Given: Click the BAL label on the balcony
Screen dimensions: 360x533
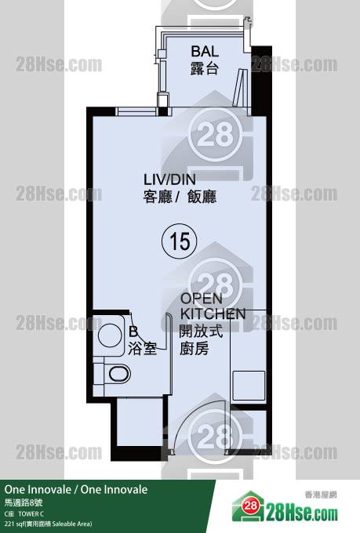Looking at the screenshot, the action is coord(205,51).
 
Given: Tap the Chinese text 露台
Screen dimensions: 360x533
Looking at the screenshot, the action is coord(204,68).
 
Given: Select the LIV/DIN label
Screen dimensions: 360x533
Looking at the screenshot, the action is coord(169,179).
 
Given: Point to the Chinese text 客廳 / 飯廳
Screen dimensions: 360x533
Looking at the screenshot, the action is coord(180,197).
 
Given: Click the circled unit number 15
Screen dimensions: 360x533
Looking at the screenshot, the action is coord(180,241).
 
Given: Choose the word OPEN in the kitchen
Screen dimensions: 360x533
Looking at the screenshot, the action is coord(201,299).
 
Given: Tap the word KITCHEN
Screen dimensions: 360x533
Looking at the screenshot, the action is coord(213,314).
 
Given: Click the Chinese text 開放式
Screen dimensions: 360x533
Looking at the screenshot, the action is coord(201,331).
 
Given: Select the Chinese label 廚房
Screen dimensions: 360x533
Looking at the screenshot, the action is coord(194,349).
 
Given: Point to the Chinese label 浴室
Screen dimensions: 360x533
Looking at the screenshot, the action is coord(142,349).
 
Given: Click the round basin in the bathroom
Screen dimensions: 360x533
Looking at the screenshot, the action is coord(110,335).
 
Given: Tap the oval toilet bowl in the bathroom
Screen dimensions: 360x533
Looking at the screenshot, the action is coord(119,374).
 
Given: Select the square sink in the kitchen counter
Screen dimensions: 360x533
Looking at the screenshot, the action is coord(249,386).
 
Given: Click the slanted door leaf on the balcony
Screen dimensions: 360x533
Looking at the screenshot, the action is coord(238,88).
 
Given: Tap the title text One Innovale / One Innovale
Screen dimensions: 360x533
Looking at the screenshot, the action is coord(76,489).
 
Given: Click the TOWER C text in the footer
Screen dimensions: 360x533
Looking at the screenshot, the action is coord(31,513).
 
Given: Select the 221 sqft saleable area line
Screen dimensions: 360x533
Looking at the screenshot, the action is coord(48,524).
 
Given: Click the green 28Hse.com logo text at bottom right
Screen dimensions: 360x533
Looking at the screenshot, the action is coord(302,513).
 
